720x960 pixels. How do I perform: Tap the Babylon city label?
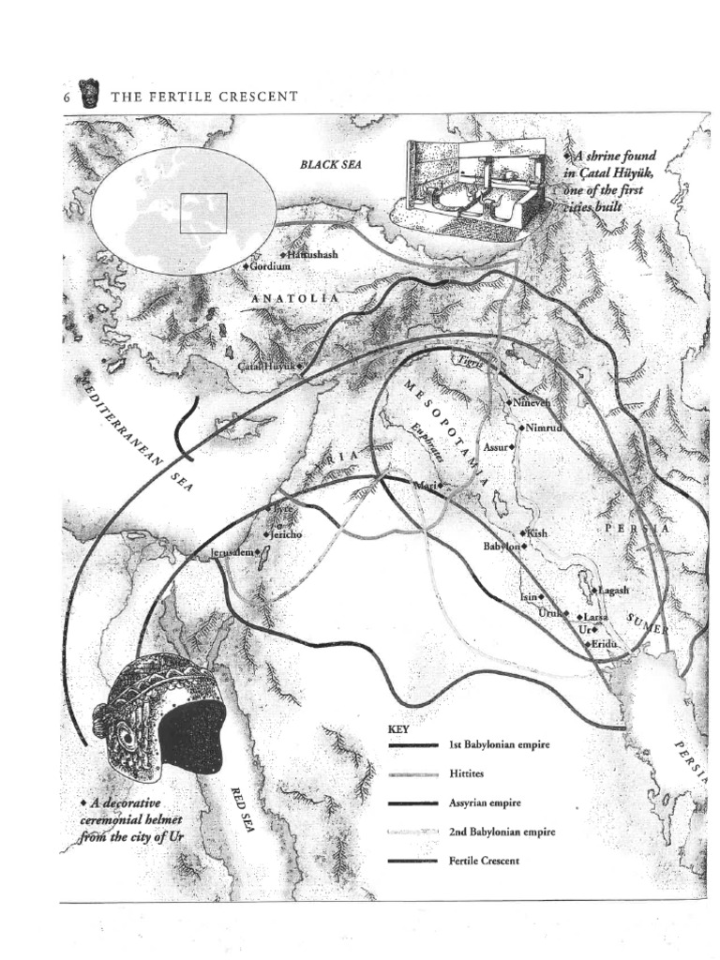[502, 546]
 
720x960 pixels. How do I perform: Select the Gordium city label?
[270, 266]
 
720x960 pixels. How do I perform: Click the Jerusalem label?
[232, 553]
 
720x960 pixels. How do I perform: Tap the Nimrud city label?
[543, 427]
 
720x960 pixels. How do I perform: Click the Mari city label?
[427, 486]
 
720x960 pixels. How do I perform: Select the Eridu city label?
[606, 644]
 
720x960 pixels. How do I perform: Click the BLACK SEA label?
[330, 164]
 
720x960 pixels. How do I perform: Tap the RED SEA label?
[243, 809]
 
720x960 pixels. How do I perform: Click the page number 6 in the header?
[67, 97]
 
